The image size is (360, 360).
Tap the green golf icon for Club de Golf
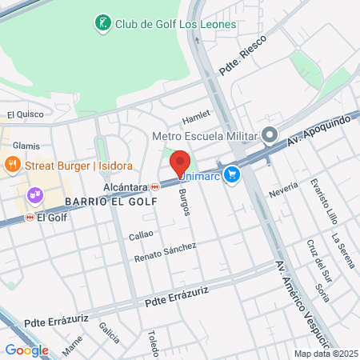(x=102, y=24)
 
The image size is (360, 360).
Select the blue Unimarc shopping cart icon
(x=232, y=174)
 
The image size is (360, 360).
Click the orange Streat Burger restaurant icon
(x=12, y=165)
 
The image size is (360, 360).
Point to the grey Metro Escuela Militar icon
(x=270, y=134)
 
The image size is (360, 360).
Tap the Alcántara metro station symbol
(x=154, y=186)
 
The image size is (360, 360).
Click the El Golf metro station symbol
(x=30, y=217)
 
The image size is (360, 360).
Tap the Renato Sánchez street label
(x=166, y=252)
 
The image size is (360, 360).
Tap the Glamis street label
(x=26, y=146)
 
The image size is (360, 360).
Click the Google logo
(x=26, y=350)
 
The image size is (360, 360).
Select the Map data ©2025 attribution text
(x=325, y=354)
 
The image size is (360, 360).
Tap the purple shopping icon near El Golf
(x=35, y=194)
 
